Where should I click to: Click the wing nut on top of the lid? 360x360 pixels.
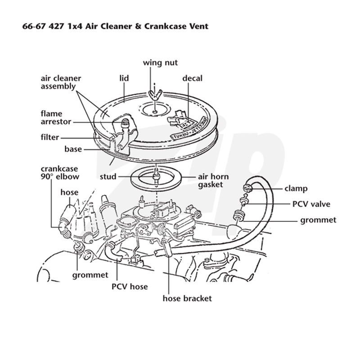[x=154, y=94]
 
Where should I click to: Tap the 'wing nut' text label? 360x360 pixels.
[x=160, y=63]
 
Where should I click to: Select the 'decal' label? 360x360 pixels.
[x=193, y=78]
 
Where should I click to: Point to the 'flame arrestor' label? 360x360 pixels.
[x=56, y=117]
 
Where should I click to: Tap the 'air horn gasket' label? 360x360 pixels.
[x=213, y=180]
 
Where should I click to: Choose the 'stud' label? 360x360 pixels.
[x=108, y=176]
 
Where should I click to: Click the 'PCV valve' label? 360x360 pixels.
[x=311, y=204]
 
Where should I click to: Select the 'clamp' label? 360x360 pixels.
[x=296, y=189]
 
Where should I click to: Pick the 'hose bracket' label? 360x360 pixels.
[x=187, y=298]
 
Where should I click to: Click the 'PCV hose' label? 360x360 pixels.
[x=130, y=286]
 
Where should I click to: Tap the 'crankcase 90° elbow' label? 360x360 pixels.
[x=60, y=172]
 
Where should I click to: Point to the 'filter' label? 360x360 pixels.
[x=50, y=137]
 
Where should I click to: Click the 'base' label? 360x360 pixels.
[x=73, y=149]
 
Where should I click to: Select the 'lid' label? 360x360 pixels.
[x=124, y=78]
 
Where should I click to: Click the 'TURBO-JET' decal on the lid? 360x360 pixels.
[x=189, y=129]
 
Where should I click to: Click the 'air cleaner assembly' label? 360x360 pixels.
[x=61, y=82]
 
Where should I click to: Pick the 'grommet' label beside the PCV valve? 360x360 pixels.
[x=318, y=220]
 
